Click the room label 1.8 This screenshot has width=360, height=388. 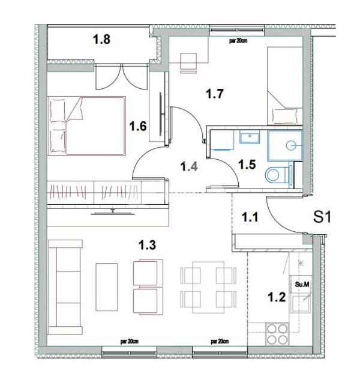coord(101,40)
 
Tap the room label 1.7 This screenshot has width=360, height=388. coord(214,94)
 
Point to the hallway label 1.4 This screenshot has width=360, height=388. coord(190,166)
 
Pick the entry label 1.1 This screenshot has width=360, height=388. coord(250,216)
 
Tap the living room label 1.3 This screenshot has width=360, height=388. coord(148,244)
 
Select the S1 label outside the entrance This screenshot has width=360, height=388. coord(323,217)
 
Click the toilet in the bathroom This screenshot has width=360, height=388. coord(276,175)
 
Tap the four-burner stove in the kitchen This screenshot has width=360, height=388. coord(277,334)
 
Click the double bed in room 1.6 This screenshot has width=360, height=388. coord(87,126)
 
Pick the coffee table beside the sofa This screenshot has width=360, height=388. coord(107,286)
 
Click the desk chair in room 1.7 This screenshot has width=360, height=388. coord(187,60)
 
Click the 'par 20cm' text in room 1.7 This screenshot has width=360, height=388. coord(240,41)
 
